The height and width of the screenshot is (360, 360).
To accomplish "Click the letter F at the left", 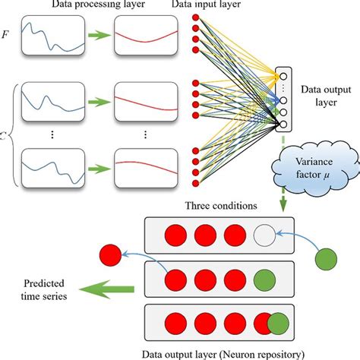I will (8, 34).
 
